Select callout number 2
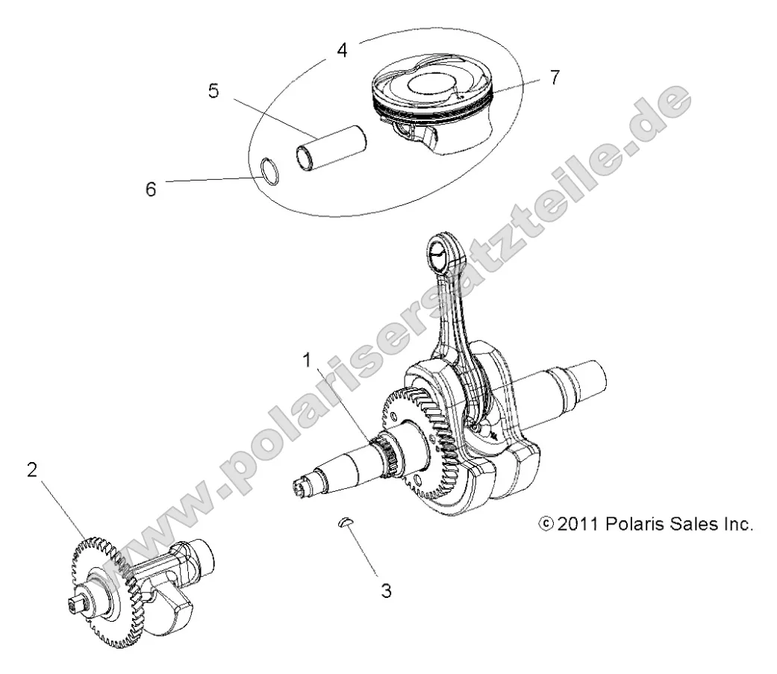click(32, 470)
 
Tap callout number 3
click(385, 591)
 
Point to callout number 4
click(342, 52)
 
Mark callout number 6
click(152, 190)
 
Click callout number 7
click(552, 77)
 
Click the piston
click(432, 104)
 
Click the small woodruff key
click(346, 524)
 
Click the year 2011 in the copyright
click(576, 524)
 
